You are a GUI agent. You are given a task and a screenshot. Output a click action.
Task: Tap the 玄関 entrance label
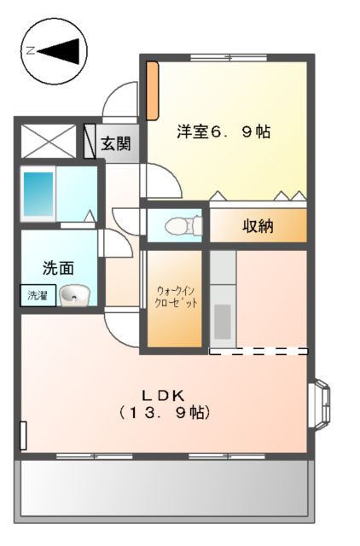pos(117,143)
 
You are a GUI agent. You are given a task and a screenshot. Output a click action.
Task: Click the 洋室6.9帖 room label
pos(224,132)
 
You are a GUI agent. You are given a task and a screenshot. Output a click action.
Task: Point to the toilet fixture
pos(179,226)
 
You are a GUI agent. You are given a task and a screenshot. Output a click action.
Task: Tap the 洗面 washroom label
pos(58,266)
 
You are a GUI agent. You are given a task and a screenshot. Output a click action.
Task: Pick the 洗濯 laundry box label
pos(37,296)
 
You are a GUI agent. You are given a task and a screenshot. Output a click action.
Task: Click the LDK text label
pos(164,394)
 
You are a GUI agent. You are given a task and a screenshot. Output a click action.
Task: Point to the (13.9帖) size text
pos(164,412)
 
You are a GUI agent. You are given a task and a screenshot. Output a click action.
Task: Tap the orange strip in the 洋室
pos(151,90)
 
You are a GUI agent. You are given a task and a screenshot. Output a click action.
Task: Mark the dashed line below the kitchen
pos(258,351)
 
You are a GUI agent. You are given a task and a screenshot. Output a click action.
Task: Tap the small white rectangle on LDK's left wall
pos(23,435)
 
